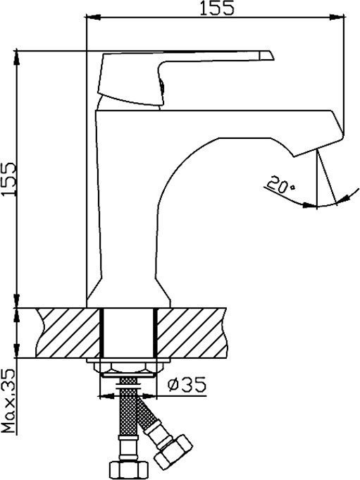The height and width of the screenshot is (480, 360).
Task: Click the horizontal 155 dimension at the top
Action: point(217,8)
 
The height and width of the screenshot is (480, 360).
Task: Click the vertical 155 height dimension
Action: point(8,179)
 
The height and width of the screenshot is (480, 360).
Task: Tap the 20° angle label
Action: point(280,184)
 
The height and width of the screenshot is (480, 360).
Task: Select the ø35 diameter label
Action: point(187,384)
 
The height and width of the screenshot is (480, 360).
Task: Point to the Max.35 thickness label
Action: point(8,400)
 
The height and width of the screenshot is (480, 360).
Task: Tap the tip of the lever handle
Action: point(273,59)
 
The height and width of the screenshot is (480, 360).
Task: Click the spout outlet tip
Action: point(318,147)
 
